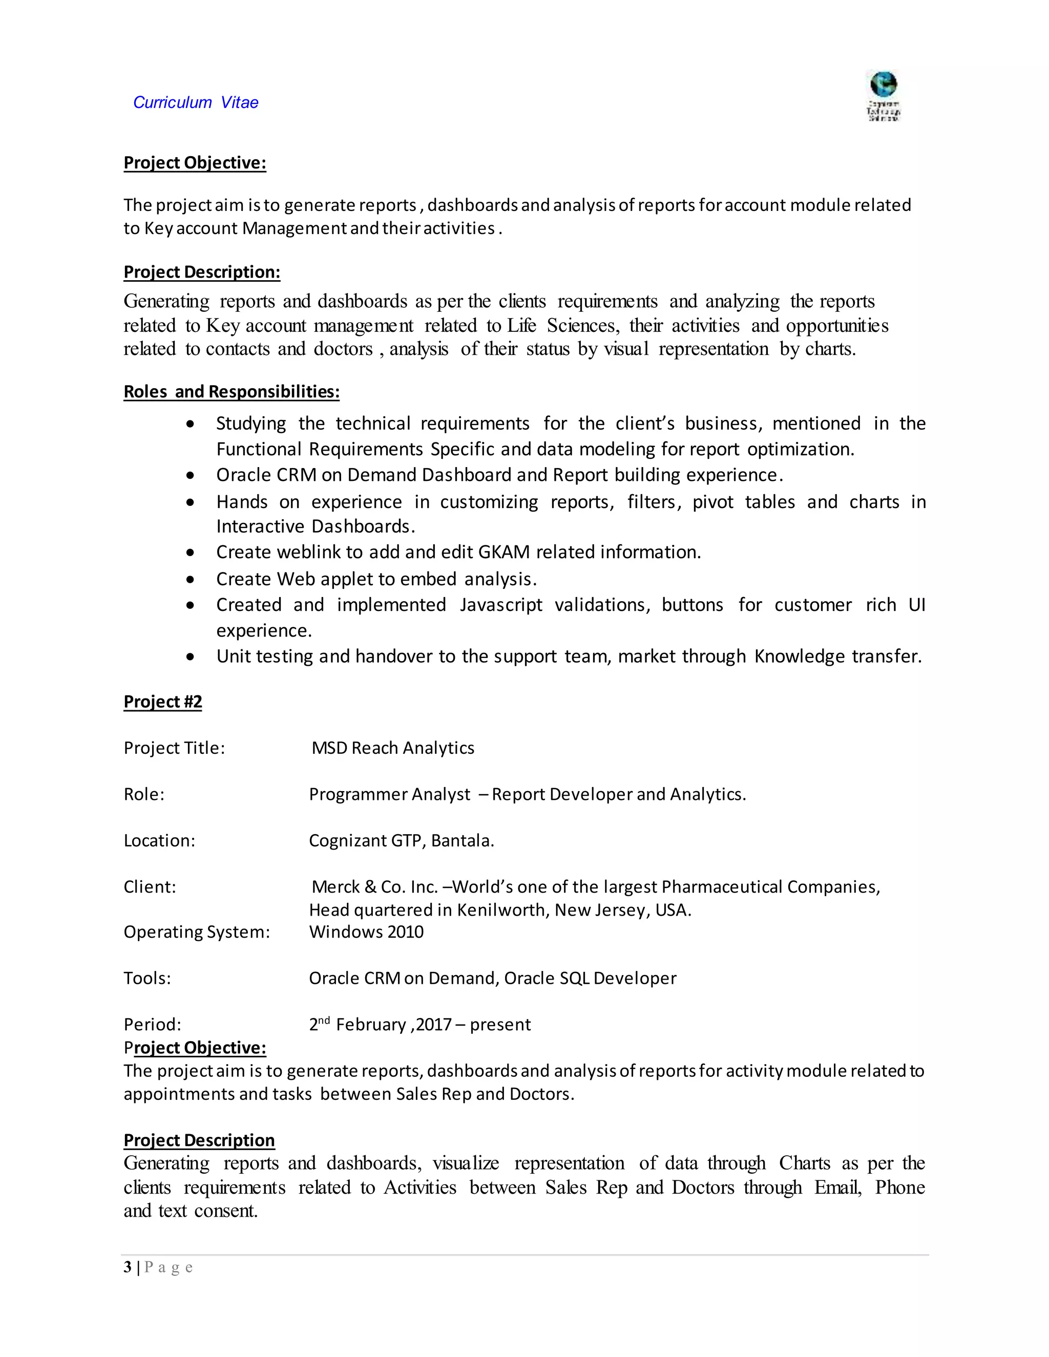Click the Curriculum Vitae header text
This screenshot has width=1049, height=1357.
pos(195,102)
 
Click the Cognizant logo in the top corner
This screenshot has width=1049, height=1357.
pos(883,96)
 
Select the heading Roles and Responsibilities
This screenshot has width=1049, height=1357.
pos(231,392)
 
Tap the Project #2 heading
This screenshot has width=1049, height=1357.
pos(163,702)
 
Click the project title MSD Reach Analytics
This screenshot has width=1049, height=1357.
pos(393,748)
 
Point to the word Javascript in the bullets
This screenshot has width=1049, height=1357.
pos(501,605)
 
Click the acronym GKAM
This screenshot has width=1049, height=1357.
pos(504,553)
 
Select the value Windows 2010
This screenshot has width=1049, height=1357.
pos(366,932)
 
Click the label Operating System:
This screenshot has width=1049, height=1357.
pos(196,932)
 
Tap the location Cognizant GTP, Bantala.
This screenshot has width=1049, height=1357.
pos(402,841)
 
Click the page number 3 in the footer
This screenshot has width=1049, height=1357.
pos(128,1267)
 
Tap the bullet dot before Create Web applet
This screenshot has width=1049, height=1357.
pos(190,580)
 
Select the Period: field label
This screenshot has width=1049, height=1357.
pos(152,1025)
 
